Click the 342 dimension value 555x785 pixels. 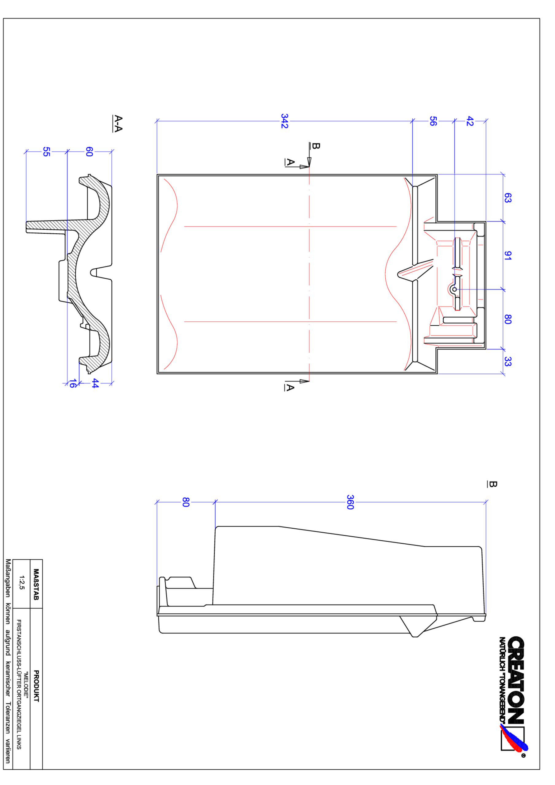pyautogui.click(x=284, y=121)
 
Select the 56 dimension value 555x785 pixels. pyautogui.click(x=433, y=121)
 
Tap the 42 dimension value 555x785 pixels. pyautogui.click(x=470, y=121)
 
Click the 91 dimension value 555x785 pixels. pyautogui.click(x=508, y=255)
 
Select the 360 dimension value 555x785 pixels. pyautogui.click(x=350, y=502)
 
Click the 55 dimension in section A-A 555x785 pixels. pyautogui.click(x=47, y=151)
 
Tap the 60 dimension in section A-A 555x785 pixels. pyautogui.click(x=89, y=151)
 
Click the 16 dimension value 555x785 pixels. pyautogui.click(x=72, y=383)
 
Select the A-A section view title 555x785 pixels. pyautogui.click(x=118, y=124)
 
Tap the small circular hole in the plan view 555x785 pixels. pyautogui.click(x=454, y=289)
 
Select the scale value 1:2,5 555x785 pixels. pyautogui.click(x=22, y=583)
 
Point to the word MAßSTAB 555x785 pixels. pyautogui.click(x=36, y=584)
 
